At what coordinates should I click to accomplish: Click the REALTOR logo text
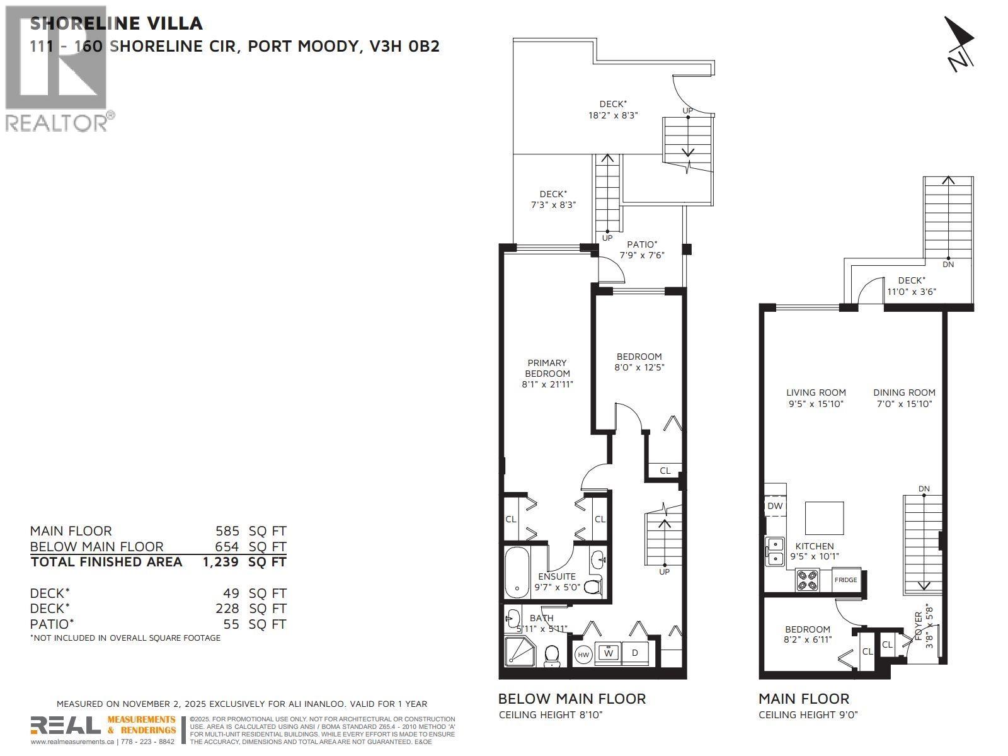pyautogui.click(x=57, y=122)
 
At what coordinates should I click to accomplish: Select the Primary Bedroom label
pyautogui.click(x=547, y=368)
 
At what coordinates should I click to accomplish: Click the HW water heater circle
pyautogui.click(x=584, y=655)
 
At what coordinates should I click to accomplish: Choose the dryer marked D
pyautogui.click(x=635, y=653)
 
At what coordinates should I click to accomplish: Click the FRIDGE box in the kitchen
pyautogui.click(x=845, y=580)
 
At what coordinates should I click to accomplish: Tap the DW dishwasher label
pyautogui.click(x=775, y=506)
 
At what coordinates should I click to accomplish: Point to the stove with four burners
pyautogui.click(x=807, y=579)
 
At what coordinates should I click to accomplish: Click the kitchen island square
pyautogui.click(x=825, y=518)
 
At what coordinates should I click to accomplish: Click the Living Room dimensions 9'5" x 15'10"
pyautogui.click(x=816, y=404)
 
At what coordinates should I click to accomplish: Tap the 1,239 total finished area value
pyautogui.click(x=220, y=561)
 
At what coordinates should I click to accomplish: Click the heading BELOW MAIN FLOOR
pyautogui.click(x=571, y=699)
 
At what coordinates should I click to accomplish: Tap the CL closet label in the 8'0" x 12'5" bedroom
pyautogui.click(x=665, y=470)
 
